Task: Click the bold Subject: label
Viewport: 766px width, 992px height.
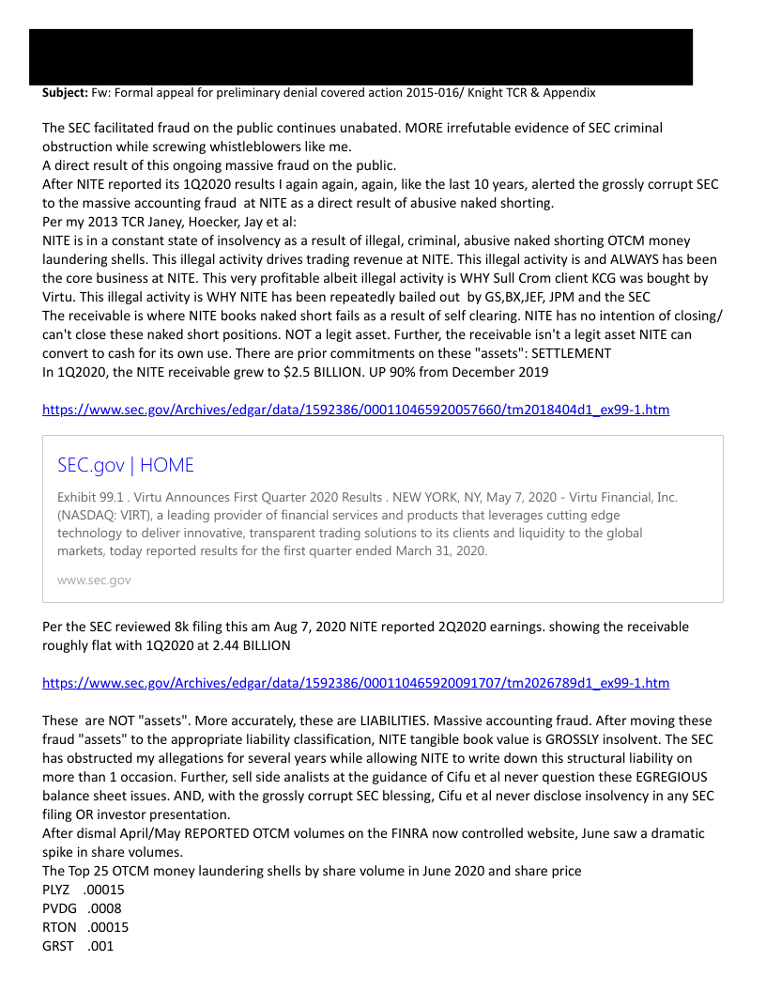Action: (x=65, y=93)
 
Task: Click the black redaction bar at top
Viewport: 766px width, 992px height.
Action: (x=360, y=56)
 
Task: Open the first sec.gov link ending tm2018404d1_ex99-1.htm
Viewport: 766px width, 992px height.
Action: (x=356, y=410)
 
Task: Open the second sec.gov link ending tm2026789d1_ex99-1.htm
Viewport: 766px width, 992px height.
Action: (x=356, y=683)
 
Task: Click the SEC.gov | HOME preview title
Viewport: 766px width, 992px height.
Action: (x=126, y=465)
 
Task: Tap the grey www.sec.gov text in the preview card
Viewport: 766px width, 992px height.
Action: (x=94, y=580)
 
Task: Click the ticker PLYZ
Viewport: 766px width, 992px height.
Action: (x=56, y=890)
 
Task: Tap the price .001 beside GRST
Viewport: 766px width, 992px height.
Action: (x=100, y=946)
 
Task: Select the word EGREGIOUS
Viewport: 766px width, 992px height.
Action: (x=656, y=777)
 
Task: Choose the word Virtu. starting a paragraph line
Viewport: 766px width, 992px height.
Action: (x=62, y=297)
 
